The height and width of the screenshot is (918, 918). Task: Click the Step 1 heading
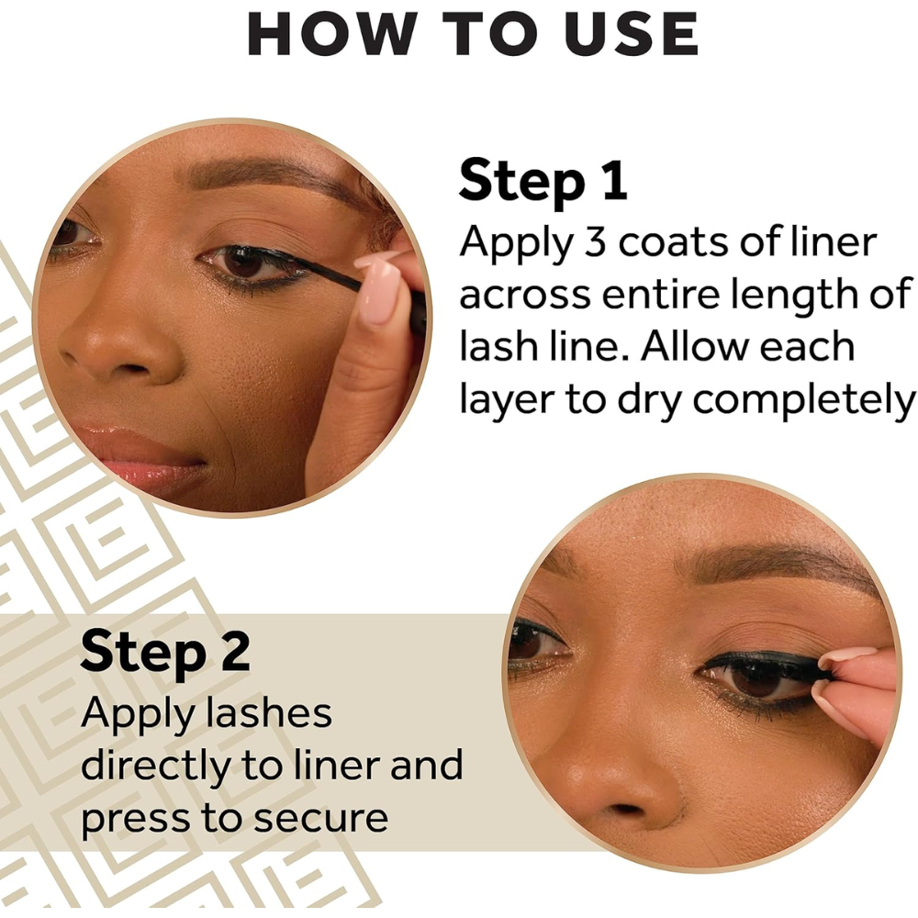tap(543, 179)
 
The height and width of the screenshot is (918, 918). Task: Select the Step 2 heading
tap(164, 651)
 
